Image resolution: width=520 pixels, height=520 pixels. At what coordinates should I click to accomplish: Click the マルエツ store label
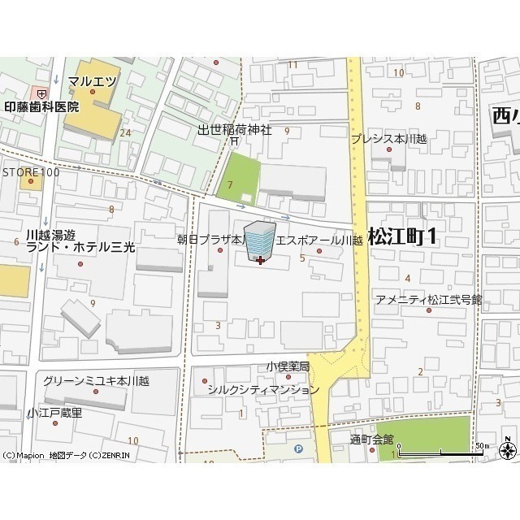92,80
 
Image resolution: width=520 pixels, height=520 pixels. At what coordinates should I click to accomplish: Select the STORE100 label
31,172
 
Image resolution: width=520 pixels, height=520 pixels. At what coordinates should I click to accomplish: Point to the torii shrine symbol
233,141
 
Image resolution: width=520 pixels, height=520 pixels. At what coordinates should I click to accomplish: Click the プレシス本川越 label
388,138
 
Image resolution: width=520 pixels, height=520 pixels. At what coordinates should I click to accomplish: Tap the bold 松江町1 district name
402,236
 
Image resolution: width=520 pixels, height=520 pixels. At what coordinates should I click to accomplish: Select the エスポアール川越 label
318,240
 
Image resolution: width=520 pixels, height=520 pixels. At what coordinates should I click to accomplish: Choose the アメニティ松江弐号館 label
428,300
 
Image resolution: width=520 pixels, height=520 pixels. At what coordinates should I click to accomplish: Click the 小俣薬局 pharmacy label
288,367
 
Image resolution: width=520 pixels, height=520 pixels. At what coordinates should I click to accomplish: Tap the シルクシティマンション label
263,389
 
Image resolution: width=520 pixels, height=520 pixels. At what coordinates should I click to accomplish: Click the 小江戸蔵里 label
54,413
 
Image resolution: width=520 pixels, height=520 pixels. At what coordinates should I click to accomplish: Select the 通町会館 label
371,440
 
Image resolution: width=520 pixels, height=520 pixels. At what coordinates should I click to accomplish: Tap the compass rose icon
507,449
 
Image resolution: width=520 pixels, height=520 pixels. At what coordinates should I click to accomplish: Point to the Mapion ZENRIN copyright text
54,455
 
